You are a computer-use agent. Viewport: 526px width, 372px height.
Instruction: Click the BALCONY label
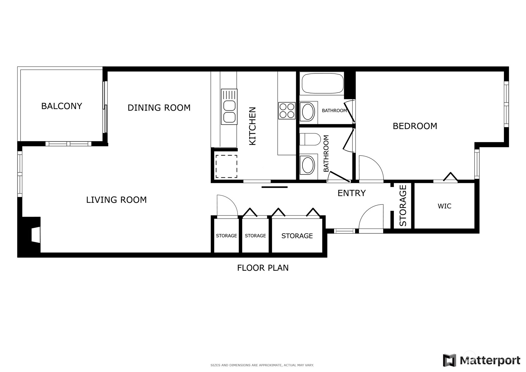click(x=62, y=106)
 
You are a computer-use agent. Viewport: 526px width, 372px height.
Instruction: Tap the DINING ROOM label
click(x=159, y=108)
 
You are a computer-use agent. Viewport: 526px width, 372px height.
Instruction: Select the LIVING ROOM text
click(x=116, y=200)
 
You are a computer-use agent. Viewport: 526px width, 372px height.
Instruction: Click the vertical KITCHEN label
click(x=252, y=126)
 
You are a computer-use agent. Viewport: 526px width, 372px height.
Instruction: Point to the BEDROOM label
click(x=415, y=126)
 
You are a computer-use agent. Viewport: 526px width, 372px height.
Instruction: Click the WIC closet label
click(x=444, y=206)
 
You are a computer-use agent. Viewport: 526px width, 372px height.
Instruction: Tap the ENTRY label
click(x=351, y=193)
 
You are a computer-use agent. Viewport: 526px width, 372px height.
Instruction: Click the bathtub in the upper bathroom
click(x=322, y=83)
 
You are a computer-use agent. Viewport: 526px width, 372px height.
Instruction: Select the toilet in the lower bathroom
click(x=310, y=139)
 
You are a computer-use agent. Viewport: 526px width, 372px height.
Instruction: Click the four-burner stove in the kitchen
click(x=286, y=111)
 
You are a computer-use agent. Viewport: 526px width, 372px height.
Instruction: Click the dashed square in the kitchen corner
click(x=226, y=166)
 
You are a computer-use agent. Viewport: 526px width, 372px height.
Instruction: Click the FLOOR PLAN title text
click(x=263, y=268)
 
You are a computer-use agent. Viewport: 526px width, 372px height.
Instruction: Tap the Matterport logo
click(x=481, y=360)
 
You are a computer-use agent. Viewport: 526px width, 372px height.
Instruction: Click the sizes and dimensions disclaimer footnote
click(x=262, y=365)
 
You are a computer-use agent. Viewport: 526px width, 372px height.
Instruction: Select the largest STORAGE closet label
click(x=297, y=236)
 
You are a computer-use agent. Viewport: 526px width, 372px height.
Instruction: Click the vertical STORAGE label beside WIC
click(x=403, y=205)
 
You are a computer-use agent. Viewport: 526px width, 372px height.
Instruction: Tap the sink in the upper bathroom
click(x=308, y=112)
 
